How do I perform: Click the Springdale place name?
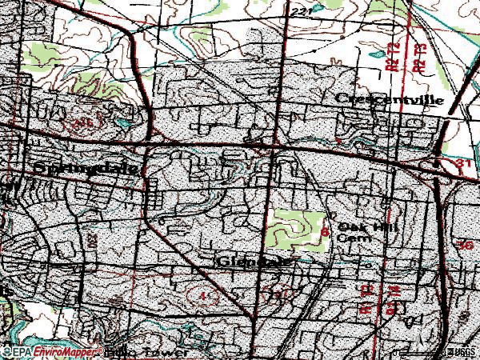[88, 170]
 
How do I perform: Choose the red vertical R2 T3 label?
[417, 58]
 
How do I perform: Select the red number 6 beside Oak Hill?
[325, 232]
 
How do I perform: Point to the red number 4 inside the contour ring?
[203, 295]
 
